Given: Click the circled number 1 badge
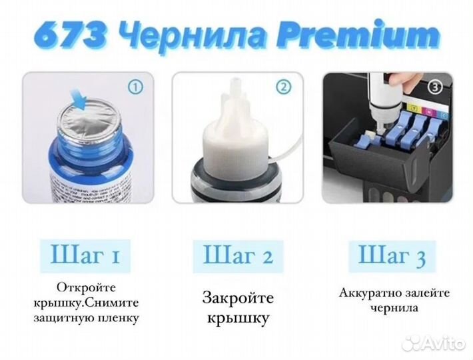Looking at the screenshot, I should tap(135, 86).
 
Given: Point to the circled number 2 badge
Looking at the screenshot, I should tap(284, 86).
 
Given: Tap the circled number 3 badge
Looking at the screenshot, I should tap(436, 87).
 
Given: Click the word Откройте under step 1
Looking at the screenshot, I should tap(86, 287).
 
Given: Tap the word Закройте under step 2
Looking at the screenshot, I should tap(238, 297).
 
